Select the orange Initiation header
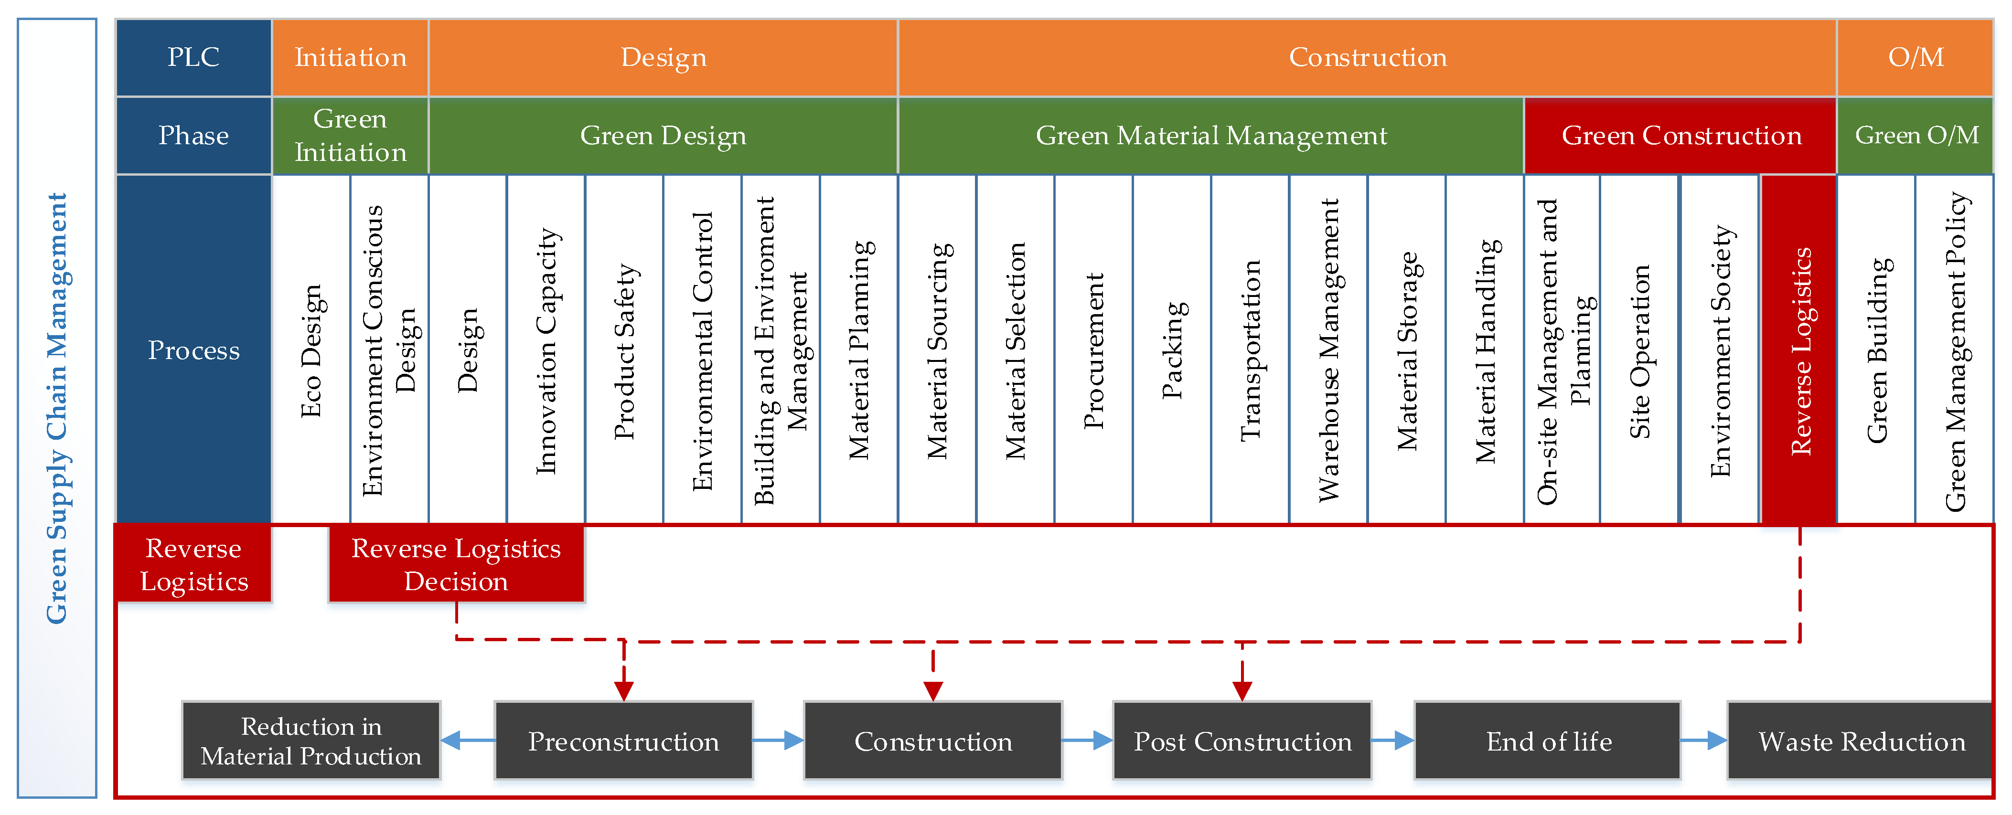tap(350, 57)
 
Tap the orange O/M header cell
tap(1915, 57)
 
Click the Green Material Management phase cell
tap(1210, 135)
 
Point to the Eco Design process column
tap(311, 350)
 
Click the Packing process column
tap(1172, 350)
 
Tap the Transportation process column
tap(1250, 350)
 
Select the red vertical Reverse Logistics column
tap(1799, 350)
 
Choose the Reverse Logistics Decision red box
tap(456, 564)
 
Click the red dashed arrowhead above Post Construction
tap(1242, 690)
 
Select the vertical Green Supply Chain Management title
tap(57, 408)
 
